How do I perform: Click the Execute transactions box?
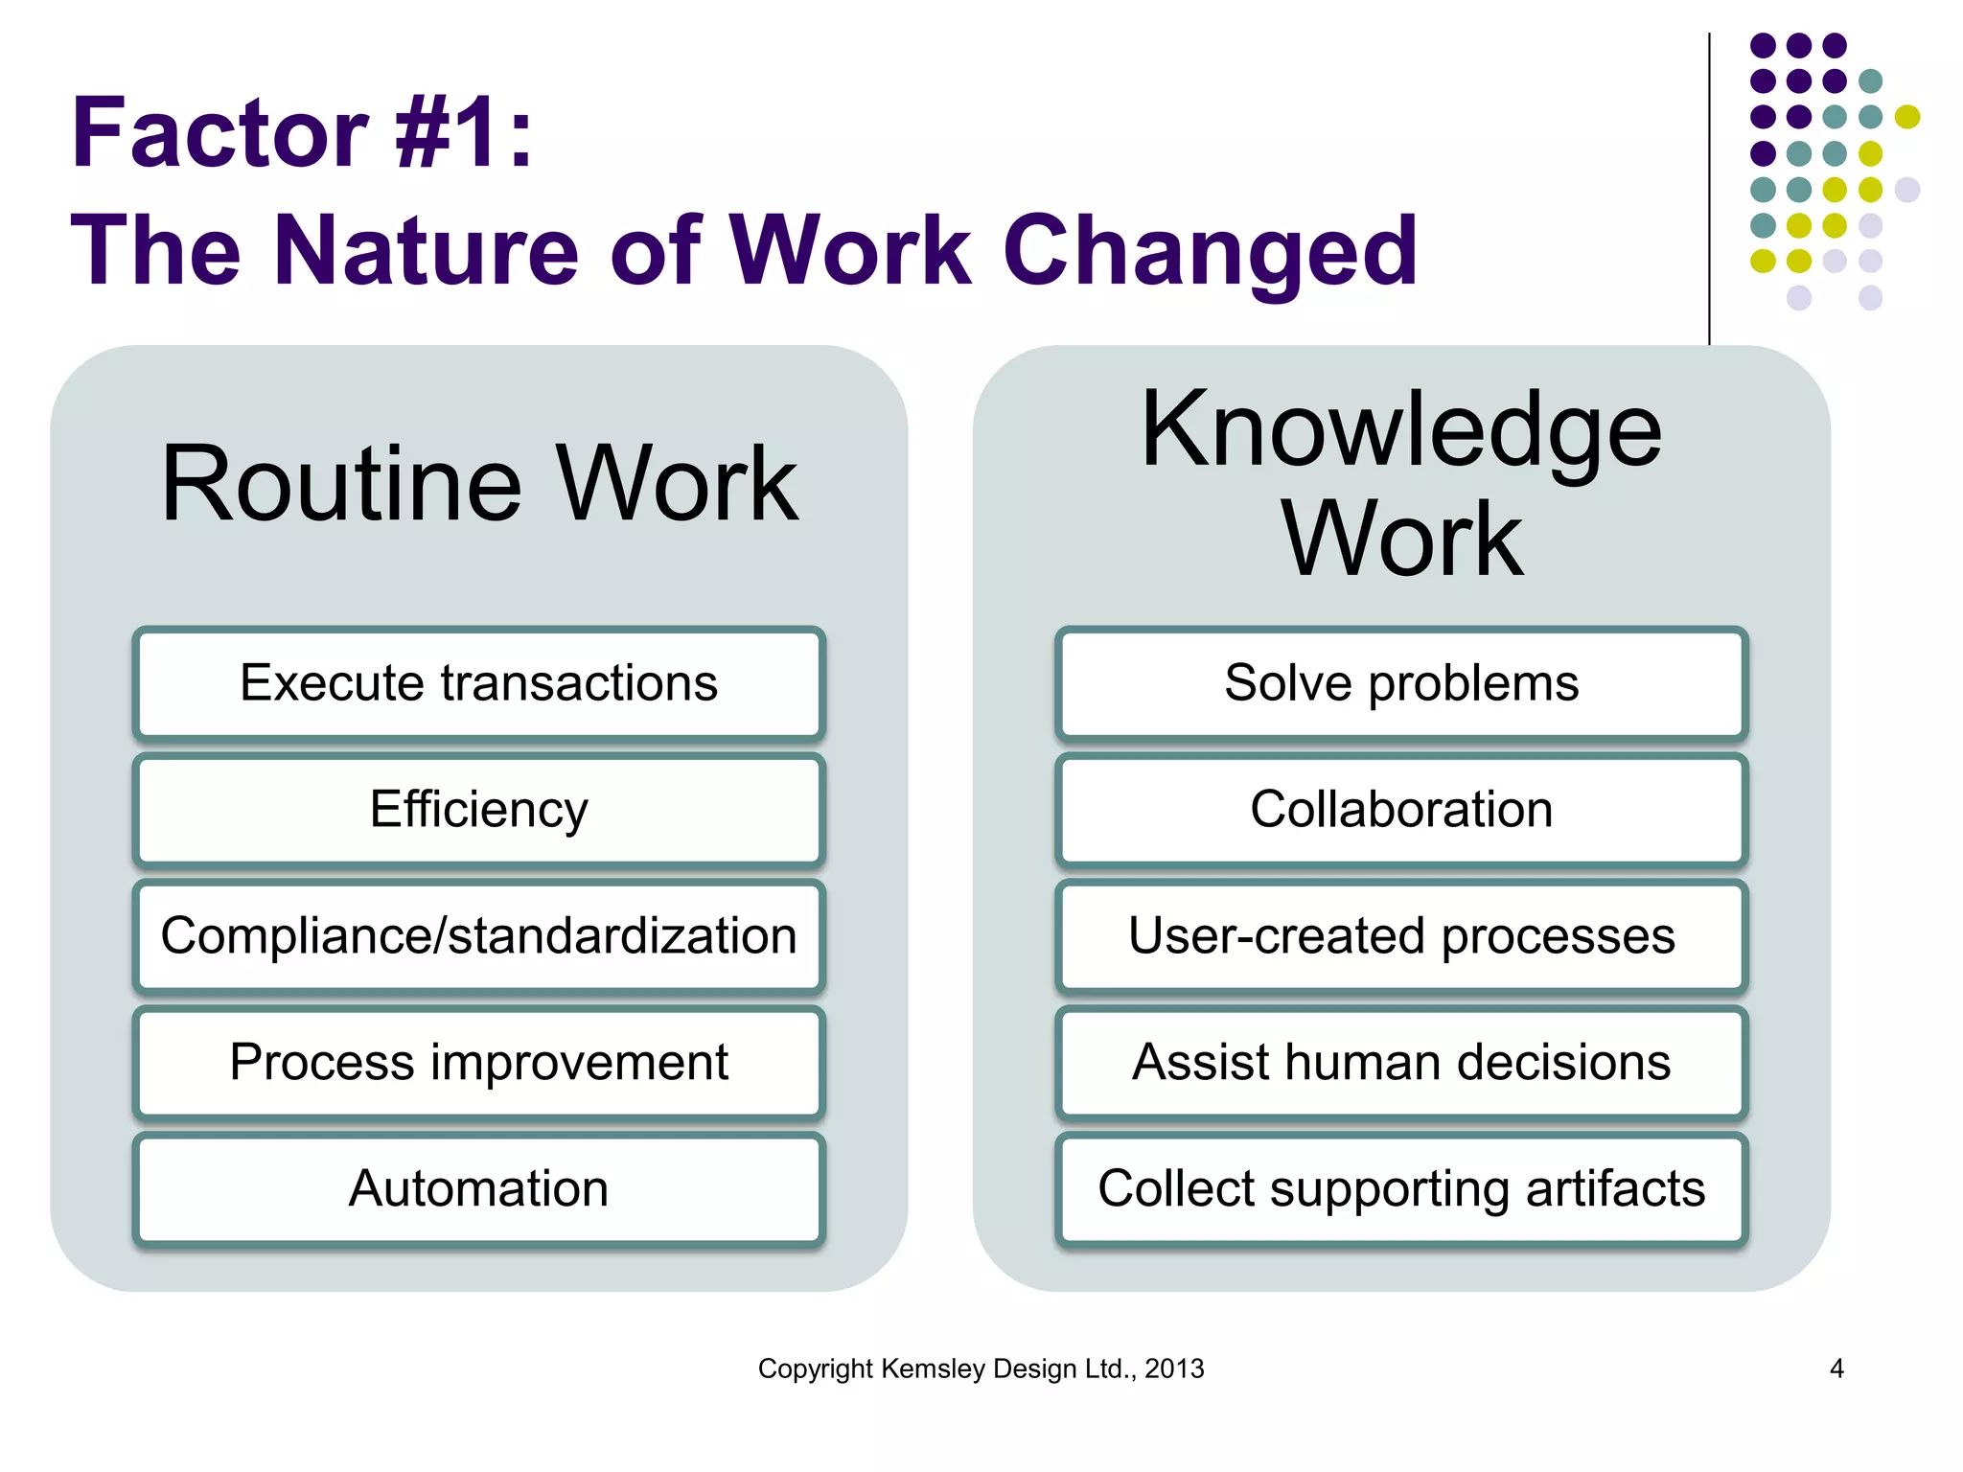coord(478,683)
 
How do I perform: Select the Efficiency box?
coord(478,810)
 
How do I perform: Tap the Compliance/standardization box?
coord(478,936)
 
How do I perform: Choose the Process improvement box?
coord(478,1063)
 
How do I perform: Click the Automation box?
coord(478,1189)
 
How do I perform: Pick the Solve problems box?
coord(1401,683)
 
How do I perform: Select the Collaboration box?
coord(1401,810)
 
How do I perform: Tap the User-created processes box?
coord(1401,936)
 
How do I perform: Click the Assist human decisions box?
coord(1401,1063)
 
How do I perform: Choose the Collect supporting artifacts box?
coord(1401,1189)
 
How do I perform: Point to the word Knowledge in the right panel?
coord(1401,431)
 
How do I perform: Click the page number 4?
coord(1836,1368)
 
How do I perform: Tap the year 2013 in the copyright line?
coord(1174,1368)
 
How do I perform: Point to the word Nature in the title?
coord(427,251)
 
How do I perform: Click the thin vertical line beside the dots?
coord(1709,192)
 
